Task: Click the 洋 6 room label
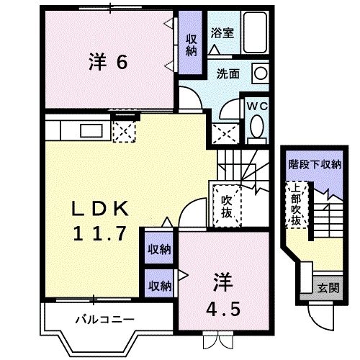pos(108,63)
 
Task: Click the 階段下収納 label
pos(314,165)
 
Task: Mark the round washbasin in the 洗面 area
pos(261,73)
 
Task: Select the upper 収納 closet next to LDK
pos(159,249)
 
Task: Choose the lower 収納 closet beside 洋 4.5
pos(159,285)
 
